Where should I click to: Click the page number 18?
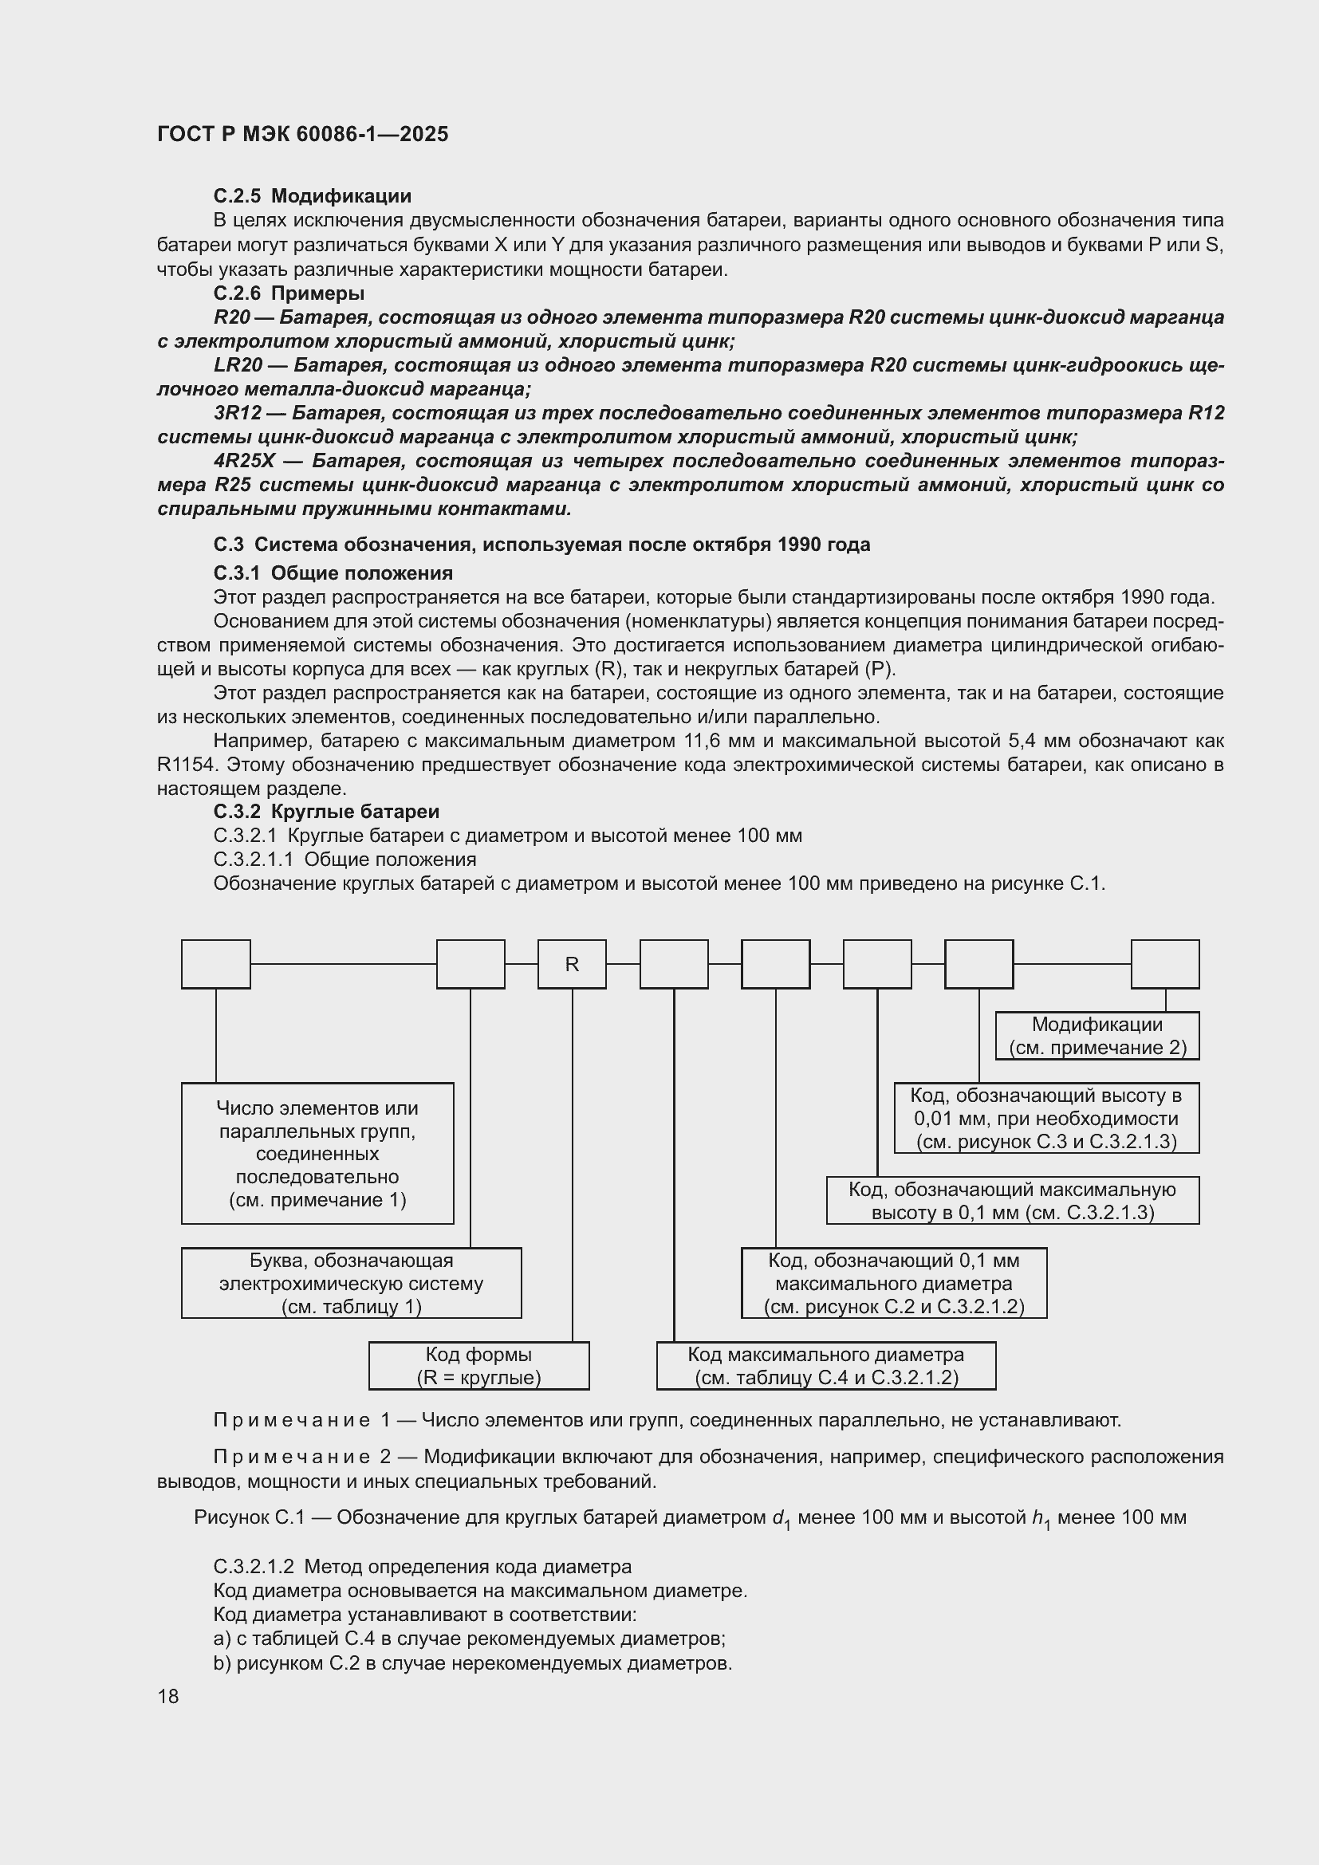click(168, 1696)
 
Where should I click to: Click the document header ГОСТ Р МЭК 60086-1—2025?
click(302, 135)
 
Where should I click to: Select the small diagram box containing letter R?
click(572, 964)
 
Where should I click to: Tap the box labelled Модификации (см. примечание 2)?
click(1097, 1036)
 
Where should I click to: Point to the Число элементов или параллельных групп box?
click(317, 1154)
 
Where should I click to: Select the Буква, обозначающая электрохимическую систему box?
click(351, 1284)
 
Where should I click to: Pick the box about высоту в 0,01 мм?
click(1046, 1118)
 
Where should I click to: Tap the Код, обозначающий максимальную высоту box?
click(1012, 1201)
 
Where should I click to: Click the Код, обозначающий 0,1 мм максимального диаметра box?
click(893, 1284)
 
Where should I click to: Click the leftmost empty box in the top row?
click(215, 964)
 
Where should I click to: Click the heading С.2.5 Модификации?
click(312, 196)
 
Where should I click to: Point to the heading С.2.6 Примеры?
click(289, 293)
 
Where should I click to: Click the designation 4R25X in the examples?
click(244, 462)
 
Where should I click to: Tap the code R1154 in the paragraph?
click(186, 765)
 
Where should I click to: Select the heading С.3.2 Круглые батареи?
click(325, 812)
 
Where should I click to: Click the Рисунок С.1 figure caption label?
click(249, 1517)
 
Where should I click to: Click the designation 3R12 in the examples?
click(237, 414)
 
